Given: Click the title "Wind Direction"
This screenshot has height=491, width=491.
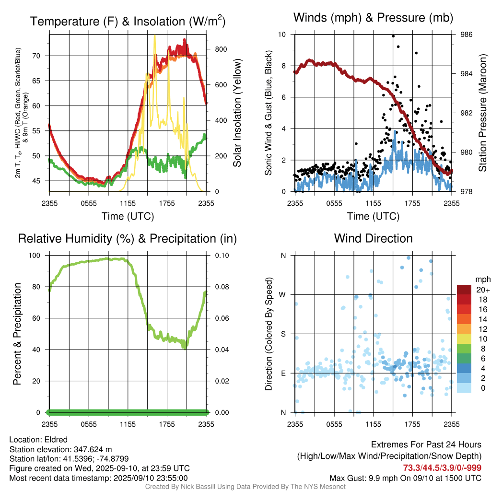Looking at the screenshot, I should pyautogui.click(x=373, y=238).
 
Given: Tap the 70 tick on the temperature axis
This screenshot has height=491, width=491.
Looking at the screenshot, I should pyautogui.click(x=43, y=56).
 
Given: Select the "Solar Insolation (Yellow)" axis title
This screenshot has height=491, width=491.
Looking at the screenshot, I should pyautogui.click(x=237, y=113).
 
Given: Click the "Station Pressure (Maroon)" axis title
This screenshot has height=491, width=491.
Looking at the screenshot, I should pyautogui.click(x=482, y=113).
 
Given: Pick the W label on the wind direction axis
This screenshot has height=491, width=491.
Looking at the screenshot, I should pyautogui.click(x=283, y=294).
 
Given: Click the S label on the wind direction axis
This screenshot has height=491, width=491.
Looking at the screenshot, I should pyautogui.click(x=283, y=334).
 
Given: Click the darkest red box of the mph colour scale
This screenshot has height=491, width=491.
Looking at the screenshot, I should pyautogui.click(x=464, y=290).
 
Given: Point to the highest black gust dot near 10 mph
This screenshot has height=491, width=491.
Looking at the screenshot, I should pyautogui.click(x=393, y=36).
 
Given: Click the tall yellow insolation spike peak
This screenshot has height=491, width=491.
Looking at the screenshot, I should pyautogui.click(x=154, y=36).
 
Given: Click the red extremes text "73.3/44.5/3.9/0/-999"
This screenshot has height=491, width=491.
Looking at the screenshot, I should pyautogui.click(x=442, y=468).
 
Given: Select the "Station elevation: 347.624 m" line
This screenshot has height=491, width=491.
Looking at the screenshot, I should pyautogui.click(x=60, y=449).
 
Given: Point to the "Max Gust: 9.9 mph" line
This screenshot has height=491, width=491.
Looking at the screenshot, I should pyautogui.click(x=405, y=478).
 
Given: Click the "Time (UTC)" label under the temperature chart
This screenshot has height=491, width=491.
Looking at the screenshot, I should pyautogui.click(x=128, y=216).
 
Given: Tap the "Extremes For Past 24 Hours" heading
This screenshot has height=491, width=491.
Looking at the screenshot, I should pyautogui.click(x=426, y=445).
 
